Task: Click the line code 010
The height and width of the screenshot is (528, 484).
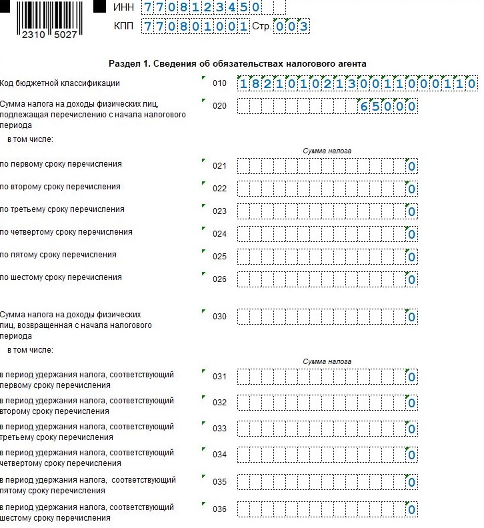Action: (219, 84)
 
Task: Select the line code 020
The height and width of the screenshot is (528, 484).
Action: (219, 106)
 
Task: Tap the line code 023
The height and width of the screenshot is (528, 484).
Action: (219, 211)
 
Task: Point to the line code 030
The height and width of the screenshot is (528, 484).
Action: (219, 317)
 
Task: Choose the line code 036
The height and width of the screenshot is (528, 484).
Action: (219, 510)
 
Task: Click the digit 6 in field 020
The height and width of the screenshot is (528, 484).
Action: (364, 107)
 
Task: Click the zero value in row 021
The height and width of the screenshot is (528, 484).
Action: (412, 167)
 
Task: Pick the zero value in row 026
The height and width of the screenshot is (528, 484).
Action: (412, 279)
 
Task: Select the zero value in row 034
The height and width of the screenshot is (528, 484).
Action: (412, 455)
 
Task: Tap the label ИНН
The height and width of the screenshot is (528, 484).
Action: (123, 7)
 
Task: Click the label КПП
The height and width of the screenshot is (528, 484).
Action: (123, 27)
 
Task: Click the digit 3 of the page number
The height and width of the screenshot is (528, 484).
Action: (303, 27)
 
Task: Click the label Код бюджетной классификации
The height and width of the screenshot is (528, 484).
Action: (61, 83)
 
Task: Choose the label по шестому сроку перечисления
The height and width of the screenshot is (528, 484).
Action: (61, 277)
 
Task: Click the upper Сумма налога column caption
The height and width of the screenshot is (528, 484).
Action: (327, 151)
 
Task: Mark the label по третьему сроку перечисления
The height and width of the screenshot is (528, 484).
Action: (62, 209)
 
